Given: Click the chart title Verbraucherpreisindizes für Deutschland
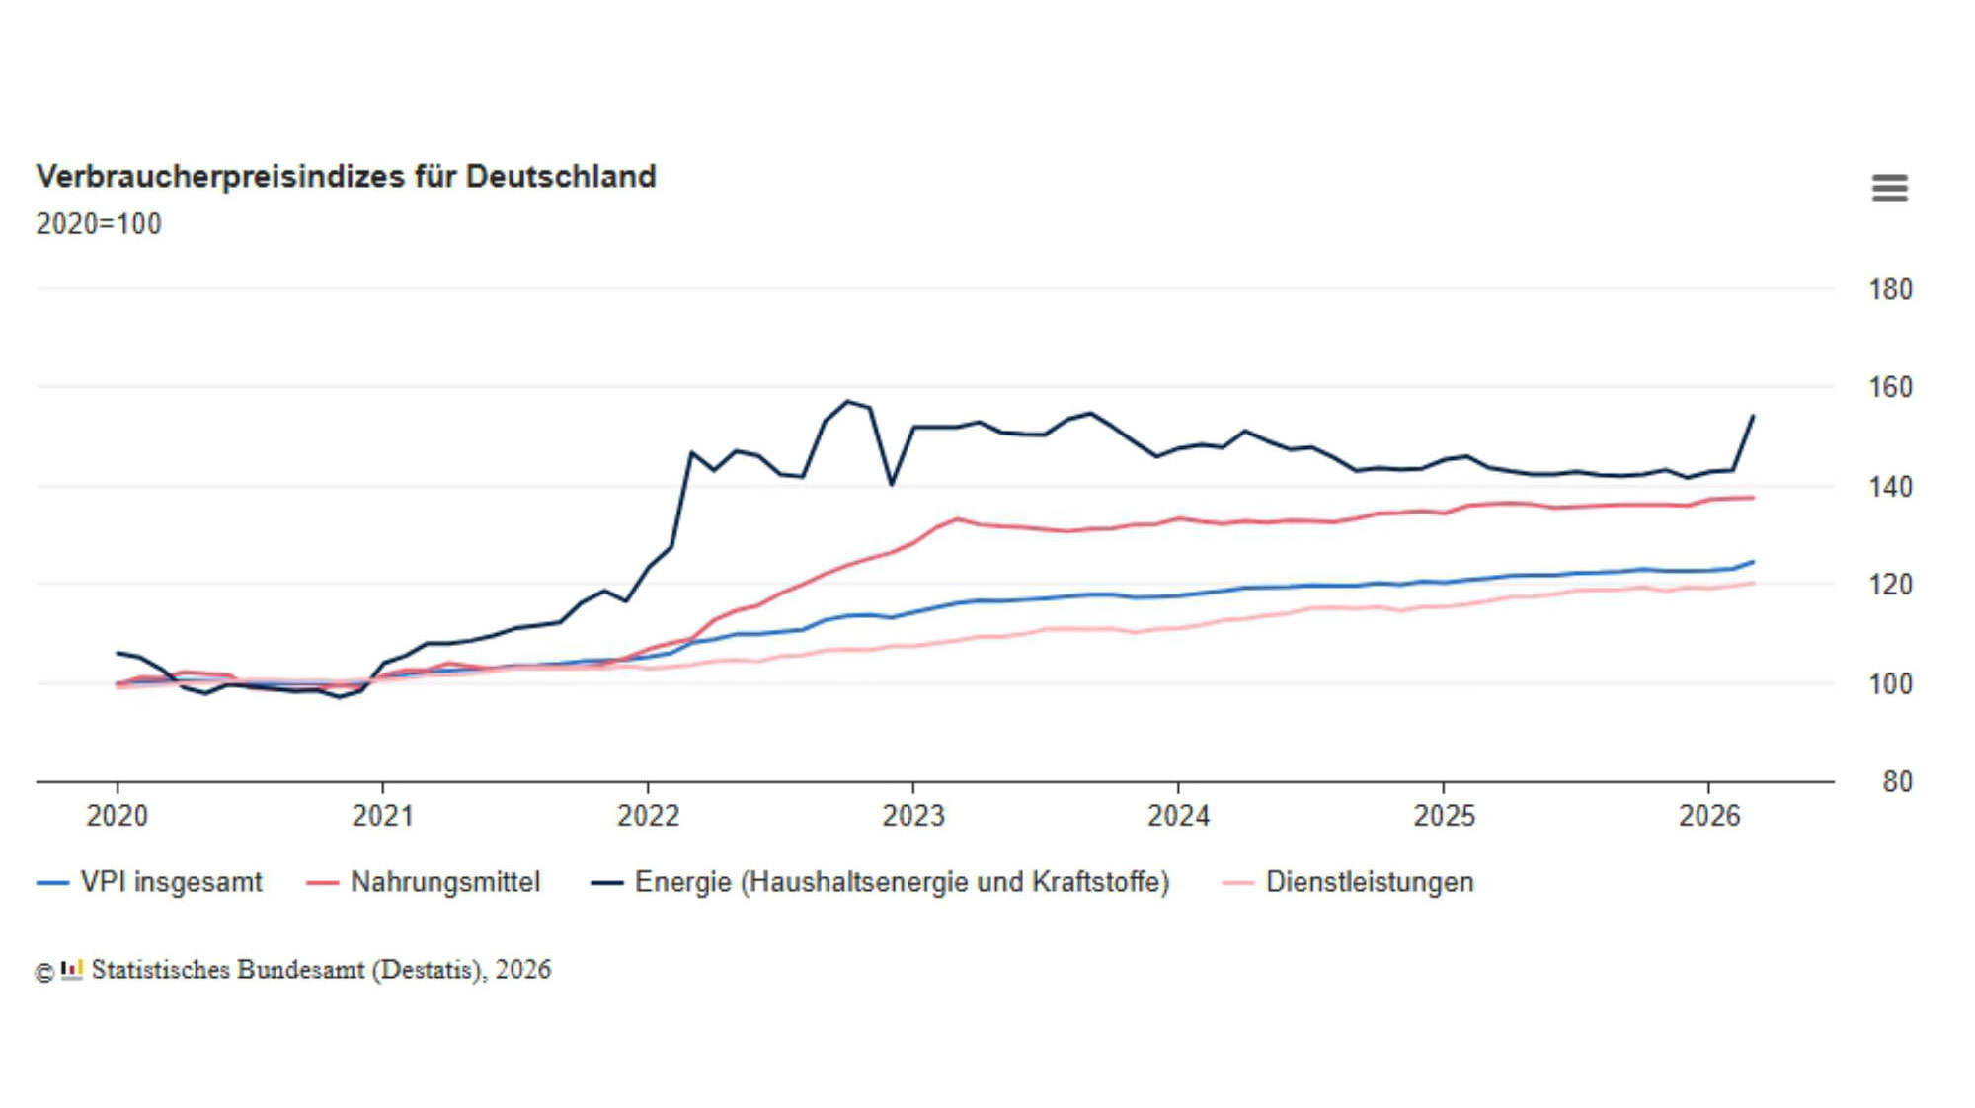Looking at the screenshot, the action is [346, 177].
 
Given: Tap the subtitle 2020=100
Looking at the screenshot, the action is [99, 224].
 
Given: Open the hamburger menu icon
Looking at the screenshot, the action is [1889, 188].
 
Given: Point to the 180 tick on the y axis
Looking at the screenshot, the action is [1890, 289].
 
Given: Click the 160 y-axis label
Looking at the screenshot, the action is [1890, 387].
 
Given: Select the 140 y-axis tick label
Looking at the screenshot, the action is [1890, 487].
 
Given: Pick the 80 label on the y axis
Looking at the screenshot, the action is [1897, 782].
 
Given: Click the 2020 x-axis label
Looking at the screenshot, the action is [117, 816].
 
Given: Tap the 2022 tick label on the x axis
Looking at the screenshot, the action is [648, 816].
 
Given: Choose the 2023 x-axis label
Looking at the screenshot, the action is [913, 816].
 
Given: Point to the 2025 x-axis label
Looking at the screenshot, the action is [1444, 816].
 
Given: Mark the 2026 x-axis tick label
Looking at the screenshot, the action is [1709, 816].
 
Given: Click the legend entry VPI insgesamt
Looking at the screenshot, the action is [149, 882].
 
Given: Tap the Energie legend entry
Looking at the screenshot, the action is [880, 882].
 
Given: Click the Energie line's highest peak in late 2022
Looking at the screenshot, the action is [847, 401].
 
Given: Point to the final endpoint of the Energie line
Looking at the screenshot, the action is [1753, 417].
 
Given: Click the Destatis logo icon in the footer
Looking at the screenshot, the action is [72, 970].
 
